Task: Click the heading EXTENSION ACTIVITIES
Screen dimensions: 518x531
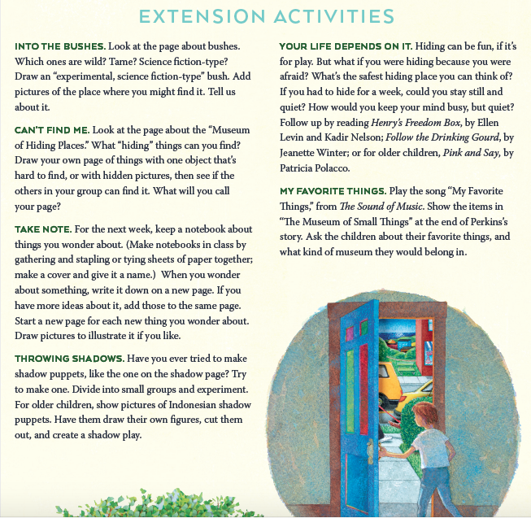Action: (x=265, y=16)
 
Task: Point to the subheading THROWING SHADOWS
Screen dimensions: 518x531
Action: (x=68, y=359)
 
